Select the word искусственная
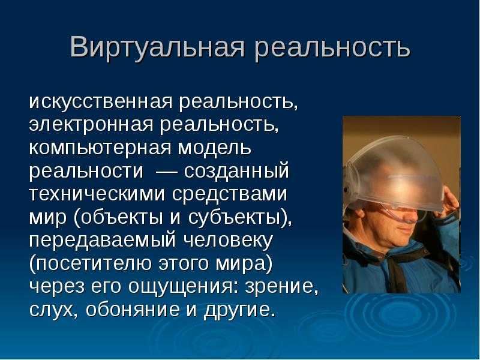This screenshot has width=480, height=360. pyautogui.click(x=101, y=101)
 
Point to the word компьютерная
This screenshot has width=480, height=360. pyautogui.click(x=100, y=148)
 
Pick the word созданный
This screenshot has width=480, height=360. pyautogui.click(x=236, y=171)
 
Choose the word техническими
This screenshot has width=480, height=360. pyautogui.click(x=97, y=194)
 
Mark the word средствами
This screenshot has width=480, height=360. pyautogui.click(x=230, y=194)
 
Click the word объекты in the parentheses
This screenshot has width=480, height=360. pyautogui.click(x=121, y=217)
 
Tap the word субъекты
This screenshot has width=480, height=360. pyautogui.click(x=234, y=217)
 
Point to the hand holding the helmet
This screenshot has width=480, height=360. pyautogui.click(x=449, y=202)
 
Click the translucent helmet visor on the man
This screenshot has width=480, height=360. pyautogui.click(x=394, y=175)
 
